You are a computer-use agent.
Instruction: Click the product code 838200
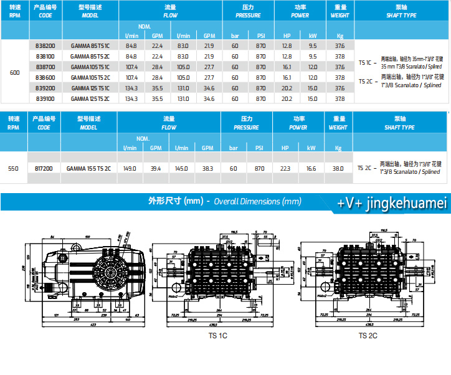tap(45, 45)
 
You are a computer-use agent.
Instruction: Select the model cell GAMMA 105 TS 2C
tap(90, 77)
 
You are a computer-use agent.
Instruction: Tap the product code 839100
tap(45, 98)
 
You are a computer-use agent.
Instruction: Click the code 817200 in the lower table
tap(44, 168)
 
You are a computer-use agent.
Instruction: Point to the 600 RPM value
tap(15, 73)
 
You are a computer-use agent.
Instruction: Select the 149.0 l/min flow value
tap(130, 168)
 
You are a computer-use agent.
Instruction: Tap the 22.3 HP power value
tap(286, 168)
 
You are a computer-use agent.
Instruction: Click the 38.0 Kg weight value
tap(339, 168)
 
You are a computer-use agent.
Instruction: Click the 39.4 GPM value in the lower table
tap(156, 168)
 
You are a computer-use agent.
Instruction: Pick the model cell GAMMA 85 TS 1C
tap(90, 45)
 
